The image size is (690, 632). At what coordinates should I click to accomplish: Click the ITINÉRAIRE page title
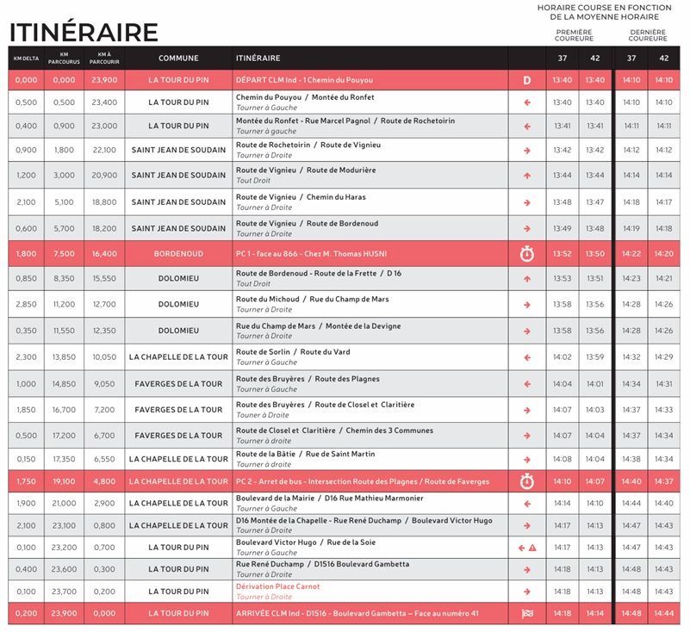pos(84,32)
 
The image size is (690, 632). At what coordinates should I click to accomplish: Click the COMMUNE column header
pos(178,59)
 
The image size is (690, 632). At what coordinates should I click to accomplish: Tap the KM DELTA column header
pos(25,59)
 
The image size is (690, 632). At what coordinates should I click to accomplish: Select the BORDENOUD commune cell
pos(178,254)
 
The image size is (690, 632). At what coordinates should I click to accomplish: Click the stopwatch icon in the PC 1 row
pos(527,254)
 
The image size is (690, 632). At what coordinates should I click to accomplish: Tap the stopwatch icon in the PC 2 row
pos(527,481)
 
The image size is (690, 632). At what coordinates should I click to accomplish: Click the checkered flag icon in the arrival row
pos(527,614)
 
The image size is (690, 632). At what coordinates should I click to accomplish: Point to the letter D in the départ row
pos(527,80)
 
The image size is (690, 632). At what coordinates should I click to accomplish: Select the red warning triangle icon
pos(532,548)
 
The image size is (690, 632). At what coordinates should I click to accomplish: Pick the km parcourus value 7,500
pos(64,254)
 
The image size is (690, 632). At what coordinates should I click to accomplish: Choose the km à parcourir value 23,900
pos(104,80)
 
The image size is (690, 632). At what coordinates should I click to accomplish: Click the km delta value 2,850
pos(26,304)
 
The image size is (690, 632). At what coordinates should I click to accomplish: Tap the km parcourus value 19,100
pos(64,481)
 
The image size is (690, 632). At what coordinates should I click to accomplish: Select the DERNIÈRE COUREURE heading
pos(648,35)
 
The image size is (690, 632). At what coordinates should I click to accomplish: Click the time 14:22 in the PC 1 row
pos(631,254)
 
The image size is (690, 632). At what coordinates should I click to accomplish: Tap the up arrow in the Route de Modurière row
pos(527,175)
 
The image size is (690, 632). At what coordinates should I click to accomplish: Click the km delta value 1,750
pos(26,481)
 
